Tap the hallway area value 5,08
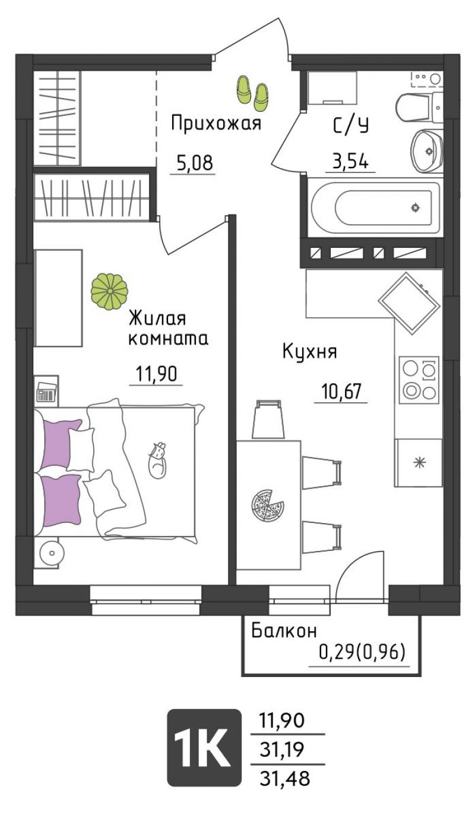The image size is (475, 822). pyautogui.click(x=194, y=163)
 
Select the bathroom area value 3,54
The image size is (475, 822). pyautogui.click(x=350, y=161)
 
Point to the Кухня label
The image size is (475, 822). pyautogui.click(x=310, y=352)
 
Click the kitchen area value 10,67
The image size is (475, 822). pyautogui.click(x=341, y=392)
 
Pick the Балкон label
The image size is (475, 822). pyautogui.click(x=284, y=631)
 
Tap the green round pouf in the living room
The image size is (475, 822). pyautogui.click(x=109, y=291)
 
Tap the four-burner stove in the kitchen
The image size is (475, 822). pyautogui.click(x=419, y=378)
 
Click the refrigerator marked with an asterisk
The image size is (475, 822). pyautogui.click(x=418, y=463)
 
